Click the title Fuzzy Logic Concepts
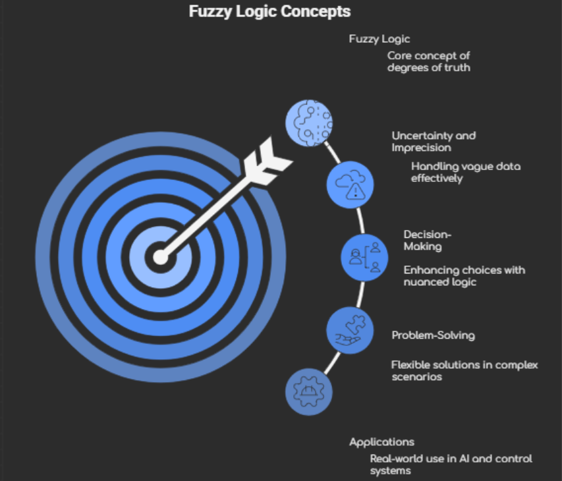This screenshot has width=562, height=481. point(269,11)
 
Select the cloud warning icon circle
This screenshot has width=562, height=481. point(351,183)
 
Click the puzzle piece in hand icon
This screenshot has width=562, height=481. point(350,330)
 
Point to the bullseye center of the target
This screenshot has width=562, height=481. point(160,256)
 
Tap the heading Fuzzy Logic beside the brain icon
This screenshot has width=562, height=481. point(379,40)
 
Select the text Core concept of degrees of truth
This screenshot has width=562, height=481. point(428,61)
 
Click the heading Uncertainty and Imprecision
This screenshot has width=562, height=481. point(433,141)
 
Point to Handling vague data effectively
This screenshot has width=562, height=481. point(465,172)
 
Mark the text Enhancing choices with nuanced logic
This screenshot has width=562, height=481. point(464,275)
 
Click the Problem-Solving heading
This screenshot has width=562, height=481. point(433,335)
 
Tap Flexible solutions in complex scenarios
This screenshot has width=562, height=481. point(464,370)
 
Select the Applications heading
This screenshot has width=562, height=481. point(381,441)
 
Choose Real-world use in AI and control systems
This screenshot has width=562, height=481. point(451,464)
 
